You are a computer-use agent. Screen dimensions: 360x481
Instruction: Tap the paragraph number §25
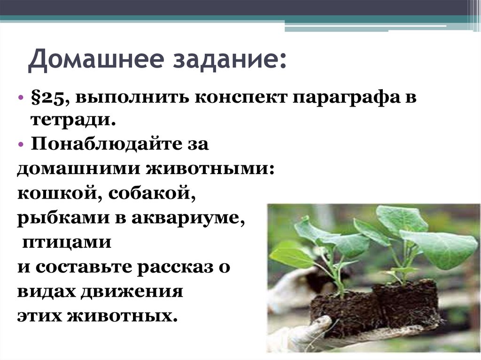(x=49, y=98)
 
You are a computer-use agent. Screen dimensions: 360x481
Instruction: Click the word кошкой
(x=56, y=193)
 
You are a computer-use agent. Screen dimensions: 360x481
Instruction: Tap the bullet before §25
(x=21, y=98)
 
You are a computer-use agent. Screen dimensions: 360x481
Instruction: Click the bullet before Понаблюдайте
(x=21, y=145)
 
